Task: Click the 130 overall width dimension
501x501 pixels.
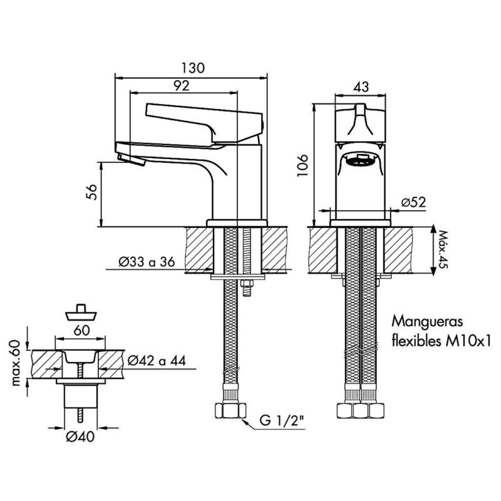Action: tap(193, 68)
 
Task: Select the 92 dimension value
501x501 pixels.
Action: tap(182, 85)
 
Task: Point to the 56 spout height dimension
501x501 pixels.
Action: tap(91, 192)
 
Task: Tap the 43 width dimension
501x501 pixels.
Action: tap(361, 86)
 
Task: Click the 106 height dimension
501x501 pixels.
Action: tap(302, 165)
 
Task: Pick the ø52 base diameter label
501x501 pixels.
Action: tap(414, 202)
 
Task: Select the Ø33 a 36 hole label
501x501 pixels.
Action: tap(147, 262)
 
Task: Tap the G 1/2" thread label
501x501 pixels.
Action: tap(281, 420)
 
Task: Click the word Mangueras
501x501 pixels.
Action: tap(427, 321)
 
